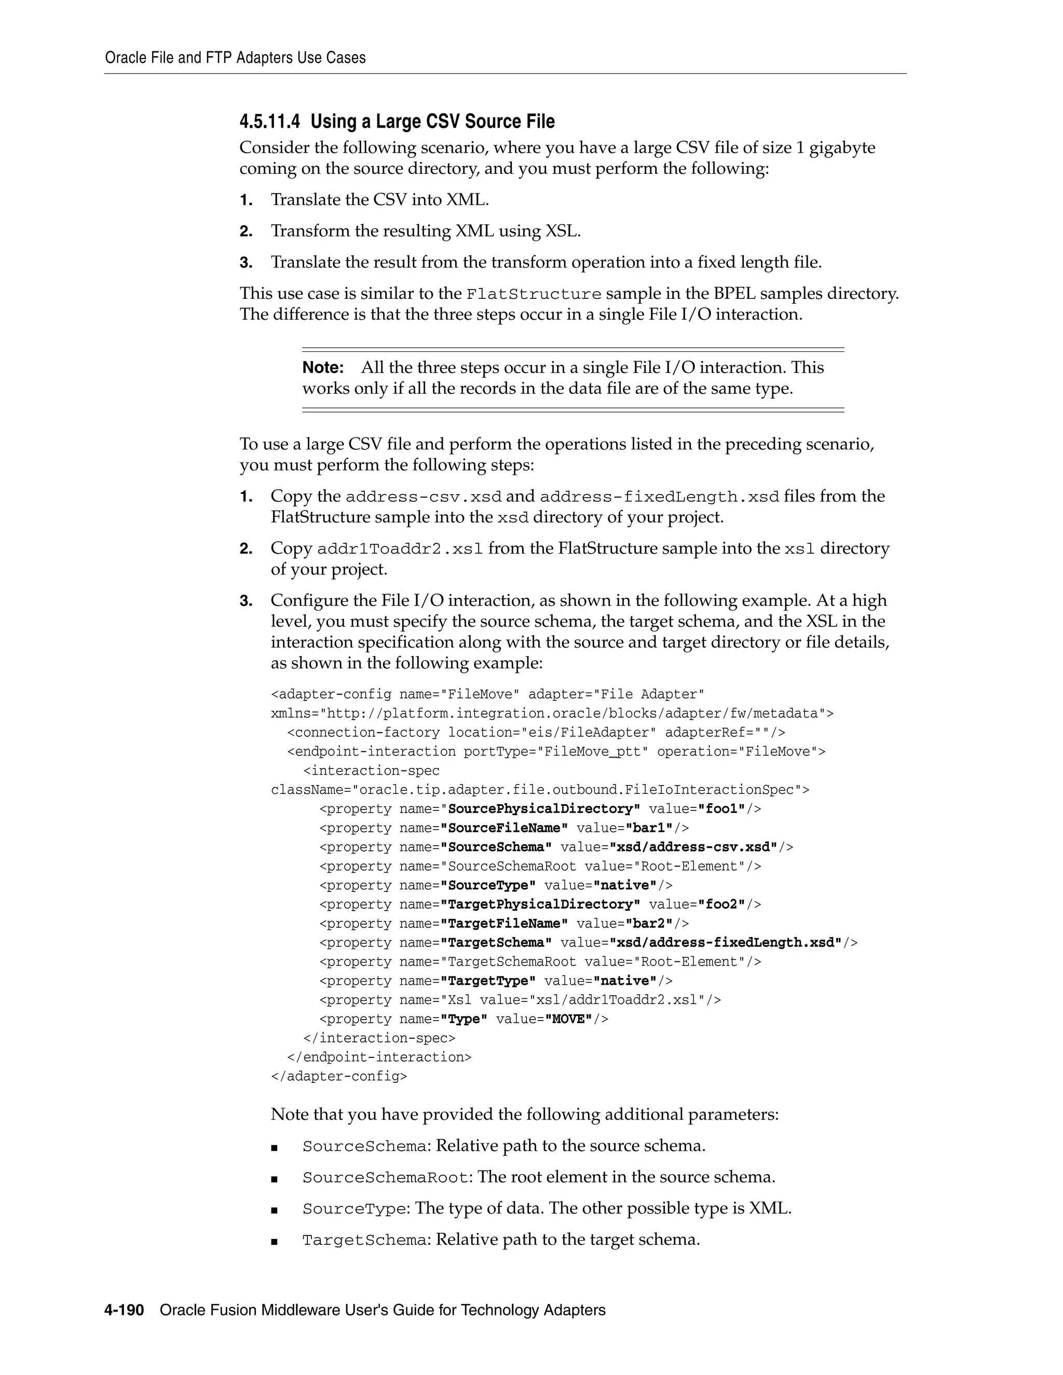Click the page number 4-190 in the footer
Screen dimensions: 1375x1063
(x=124, y=1310)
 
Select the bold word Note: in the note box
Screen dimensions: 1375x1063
(x=323, y=368)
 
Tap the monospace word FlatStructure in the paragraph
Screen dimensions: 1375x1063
(x=534, y=295)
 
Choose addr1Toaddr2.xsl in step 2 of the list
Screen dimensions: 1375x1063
(x=400, y=549)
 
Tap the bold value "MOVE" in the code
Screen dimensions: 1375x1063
(x=569, y=1019)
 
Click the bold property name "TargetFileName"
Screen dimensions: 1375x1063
(x=504, y=924)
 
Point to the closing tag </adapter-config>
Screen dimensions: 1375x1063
(x=339, y=1077)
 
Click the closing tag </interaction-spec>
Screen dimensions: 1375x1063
(x=379, y=1038)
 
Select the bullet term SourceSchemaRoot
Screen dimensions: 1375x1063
(x=386, y=1178)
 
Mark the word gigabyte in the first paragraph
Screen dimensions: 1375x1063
(x=842, y=148)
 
